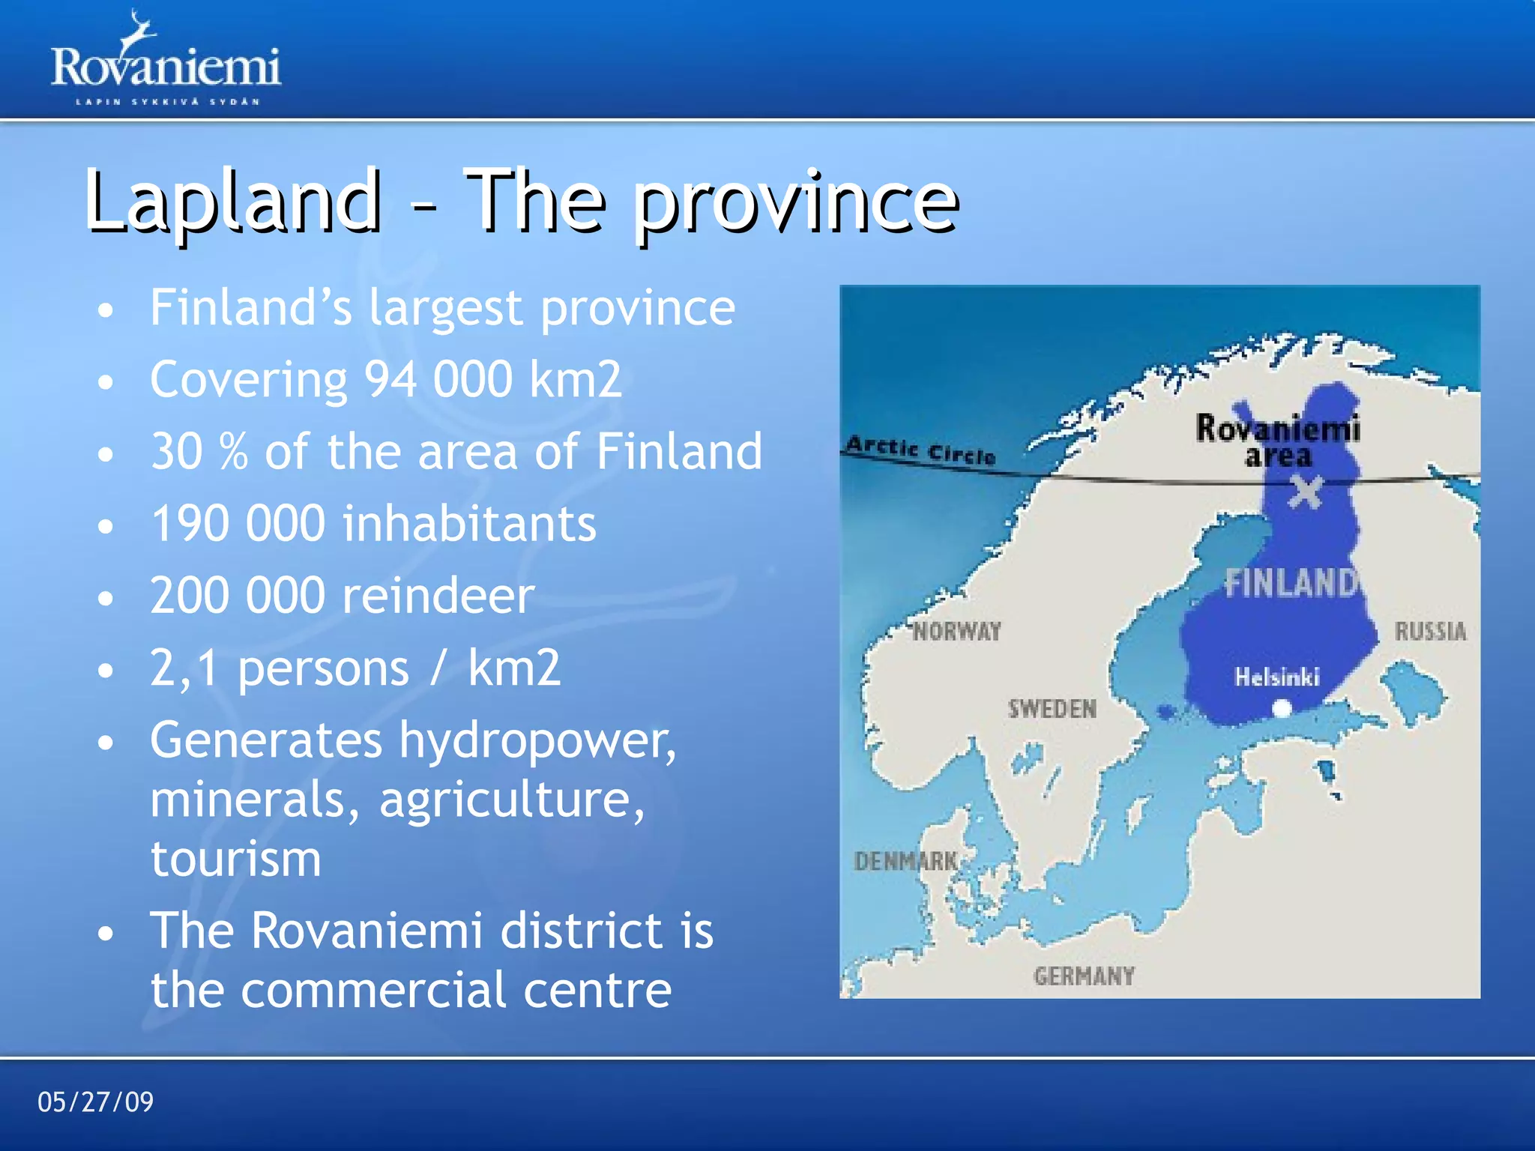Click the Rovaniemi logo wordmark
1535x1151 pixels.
(x=166, y=67)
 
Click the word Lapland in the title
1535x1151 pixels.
(x=232, y=200)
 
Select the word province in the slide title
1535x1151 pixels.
(x=796, y=202)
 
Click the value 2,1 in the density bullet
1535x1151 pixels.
(x=184, y=668)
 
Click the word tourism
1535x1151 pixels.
(x=235, y=859)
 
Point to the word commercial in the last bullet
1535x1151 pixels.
(x=373, y=990)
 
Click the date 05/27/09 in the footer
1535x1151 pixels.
(x=95, y=1102)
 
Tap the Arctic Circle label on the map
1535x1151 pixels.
(x=920, y=450)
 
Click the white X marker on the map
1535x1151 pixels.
(x=1305, y=493)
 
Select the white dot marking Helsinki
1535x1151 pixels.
(x=1282, y=707)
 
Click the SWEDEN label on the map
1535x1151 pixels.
(x=1052, y=708)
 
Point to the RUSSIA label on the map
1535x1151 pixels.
(x=1430, y=631)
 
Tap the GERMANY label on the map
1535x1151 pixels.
(x=1084, y=976)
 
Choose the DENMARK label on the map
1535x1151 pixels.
(x=905, y=861)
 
